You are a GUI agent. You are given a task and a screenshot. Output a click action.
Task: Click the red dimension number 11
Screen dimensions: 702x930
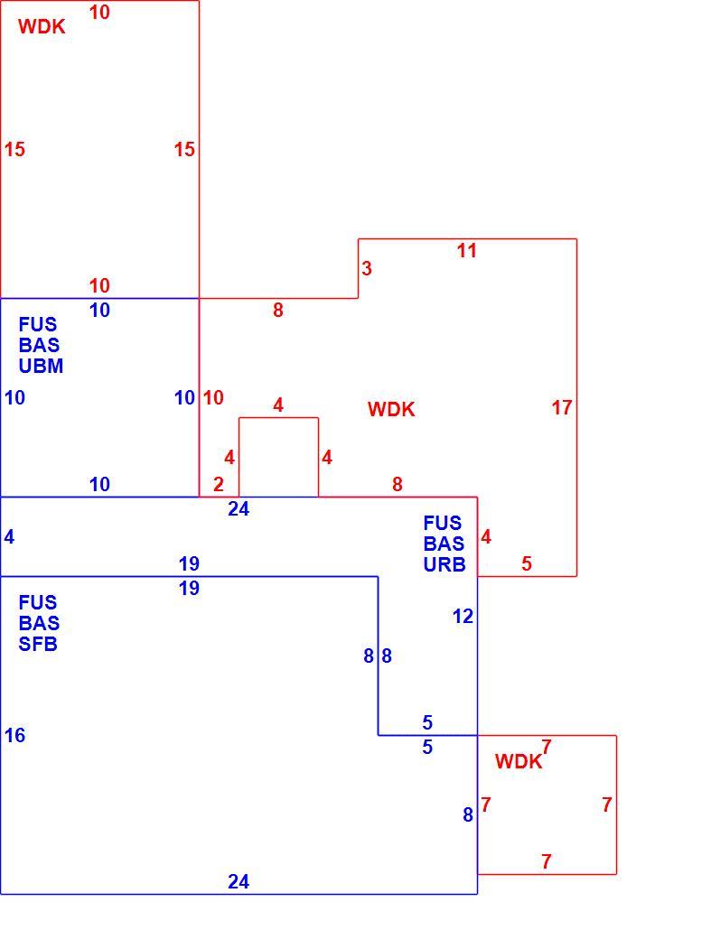tap(466, 250)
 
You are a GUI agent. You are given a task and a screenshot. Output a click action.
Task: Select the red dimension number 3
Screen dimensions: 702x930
tap(367, 268)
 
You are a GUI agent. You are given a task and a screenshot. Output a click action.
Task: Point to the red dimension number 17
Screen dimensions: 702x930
tap(561, 407)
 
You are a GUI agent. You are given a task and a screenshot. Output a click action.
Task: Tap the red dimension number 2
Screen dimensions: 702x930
tap(219, 484)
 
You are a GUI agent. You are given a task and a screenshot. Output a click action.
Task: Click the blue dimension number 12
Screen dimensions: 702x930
tap(463, 617)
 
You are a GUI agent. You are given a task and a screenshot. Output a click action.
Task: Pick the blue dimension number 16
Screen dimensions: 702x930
tap(14, 736)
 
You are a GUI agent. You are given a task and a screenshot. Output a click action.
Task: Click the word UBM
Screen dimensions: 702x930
tap(41, 366)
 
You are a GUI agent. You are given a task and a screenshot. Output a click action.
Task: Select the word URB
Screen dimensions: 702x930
tap(445, 564)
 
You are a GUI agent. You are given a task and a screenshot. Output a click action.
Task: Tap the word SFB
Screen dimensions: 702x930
tap(38, 644)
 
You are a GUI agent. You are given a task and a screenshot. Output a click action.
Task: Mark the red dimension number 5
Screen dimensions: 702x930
tap(527, 563)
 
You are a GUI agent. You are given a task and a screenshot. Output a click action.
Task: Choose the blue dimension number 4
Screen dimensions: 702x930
tap(9, 536)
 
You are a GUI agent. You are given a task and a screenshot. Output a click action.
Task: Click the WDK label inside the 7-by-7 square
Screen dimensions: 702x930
tap(518, 761)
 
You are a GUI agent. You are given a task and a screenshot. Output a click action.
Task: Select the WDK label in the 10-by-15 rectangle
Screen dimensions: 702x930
tap(42, 27)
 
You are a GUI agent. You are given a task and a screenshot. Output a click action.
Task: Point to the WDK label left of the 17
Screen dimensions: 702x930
tap(391, 409)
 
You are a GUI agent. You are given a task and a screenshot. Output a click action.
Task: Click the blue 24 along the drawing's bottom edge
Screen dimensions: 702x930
tap(239, 882)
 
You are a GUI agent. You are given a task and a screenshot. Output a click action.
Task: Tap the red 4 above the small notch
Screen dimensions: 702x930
tap(278, 405)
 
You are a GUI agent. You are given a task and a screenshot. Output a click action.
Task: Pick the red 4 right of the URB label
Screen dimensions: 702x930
tap(486, 536)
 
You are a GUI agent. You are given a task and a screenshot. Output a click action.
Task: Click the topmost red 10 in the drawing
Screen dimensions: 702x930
tap(99, 12)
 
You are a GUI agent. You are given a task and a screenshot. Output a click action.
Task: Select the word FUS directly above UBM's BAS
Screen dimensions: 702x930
tap(38, 324)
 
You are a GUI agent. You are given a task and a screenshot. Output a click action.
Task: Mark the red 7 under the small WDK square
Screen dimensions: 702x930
tap(547, 860)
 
